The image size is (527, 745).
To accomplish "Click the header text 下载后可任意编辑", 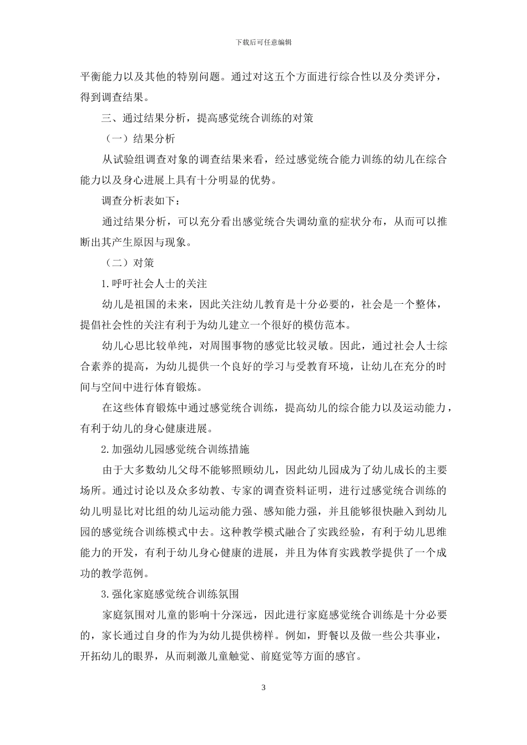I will [263, 42].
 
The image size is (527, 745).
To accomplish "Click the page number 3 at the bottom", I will [263, 688].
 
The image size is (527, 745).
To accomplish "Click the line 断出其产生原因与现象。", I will [136, 242].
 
